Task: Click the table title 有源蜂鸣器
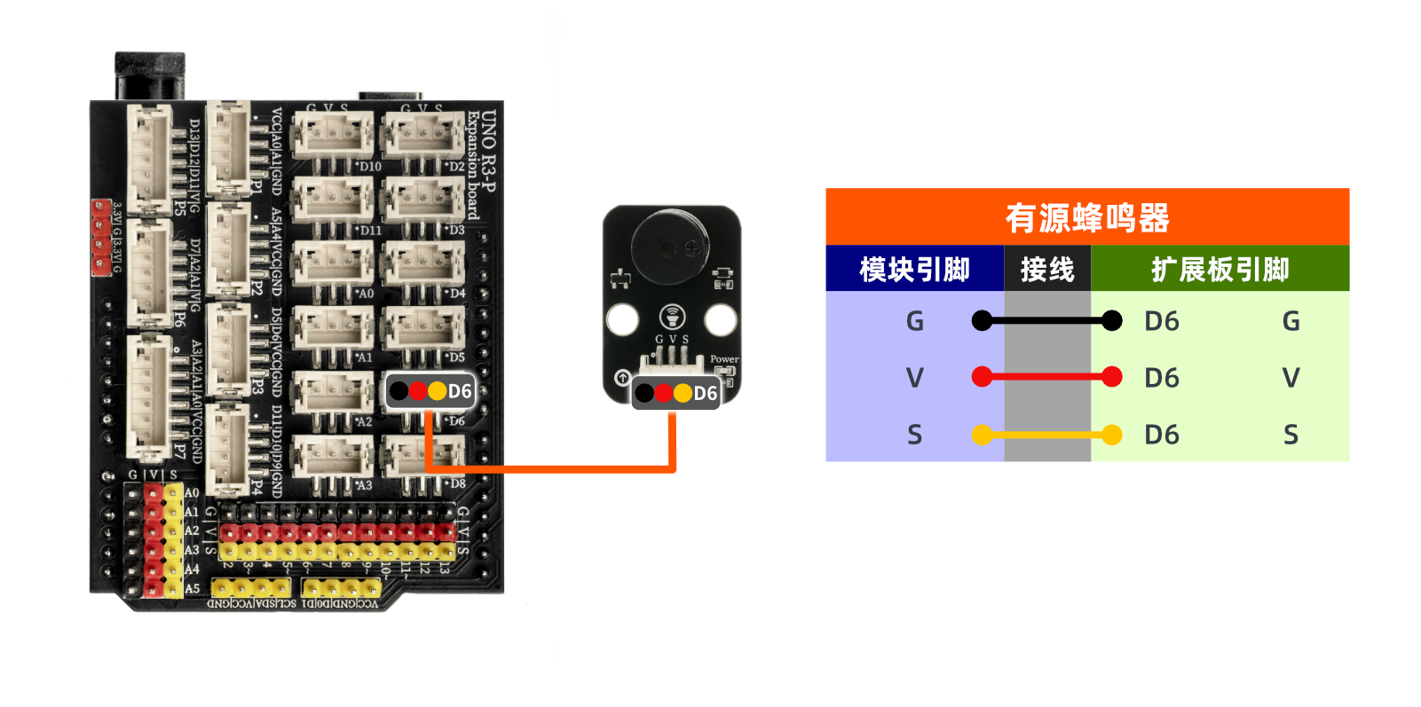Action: pos(1086,217)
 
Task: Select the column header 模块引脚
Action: pos(914,269)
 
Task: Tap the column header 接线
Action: pos(1047,269)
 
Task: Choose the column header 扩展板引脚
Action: pos(1220,269)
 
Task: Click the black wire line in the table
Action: pos(1047,320)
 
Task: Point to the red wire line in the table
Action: pos(1047,377)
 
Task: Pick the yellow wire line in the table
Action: pos(1047,435)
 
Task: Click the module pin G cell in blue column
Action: pos(915,321)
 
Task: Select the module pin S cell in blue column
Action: pos(915,435)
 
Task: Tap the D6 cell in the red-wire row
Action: pos(1162,378)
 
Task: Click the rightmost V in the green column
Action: pos(1291,378)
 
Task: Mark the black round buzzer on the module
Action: pos(670,247)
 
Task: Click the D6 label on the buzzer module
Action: pos(705,393)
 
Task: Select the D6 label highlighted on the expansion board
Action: pos(460,391)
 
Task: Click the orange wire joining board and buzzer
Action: pos(550,468)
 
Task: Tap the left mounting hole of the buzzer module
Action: pos(622,319)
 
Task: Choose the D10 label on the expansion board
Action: pos(370,166)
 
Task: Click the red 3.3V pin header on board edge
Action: pos(101,237)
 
